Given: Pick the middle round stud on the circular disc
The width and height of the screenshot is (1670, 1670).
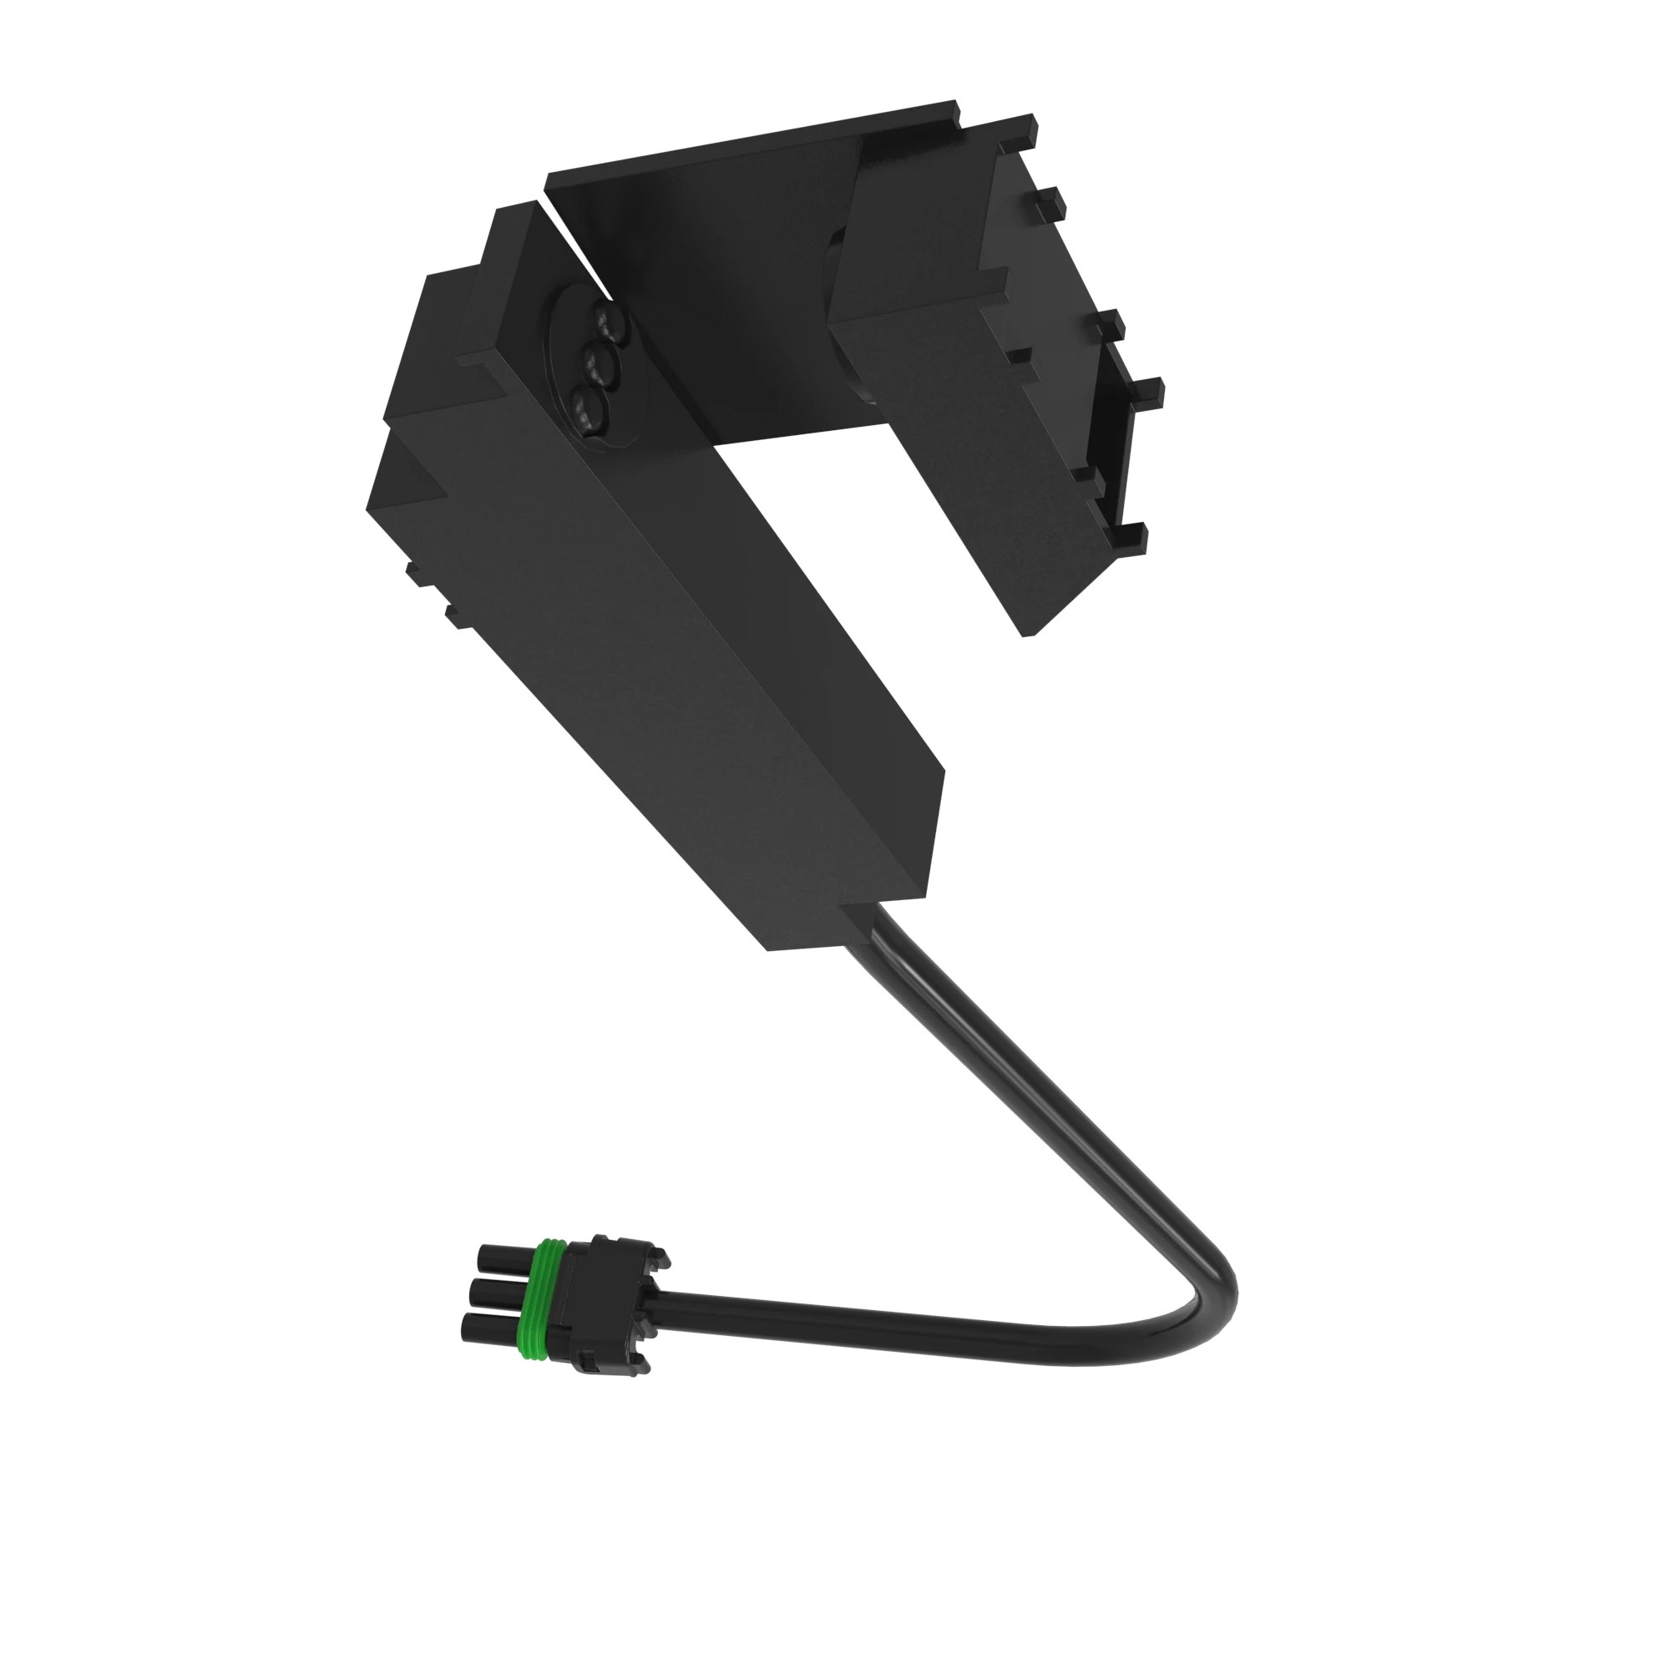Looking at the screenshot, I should [600, 366].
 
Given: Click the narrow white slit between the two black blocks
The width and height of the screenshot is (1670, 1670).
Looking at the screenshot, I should [570, 242].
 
